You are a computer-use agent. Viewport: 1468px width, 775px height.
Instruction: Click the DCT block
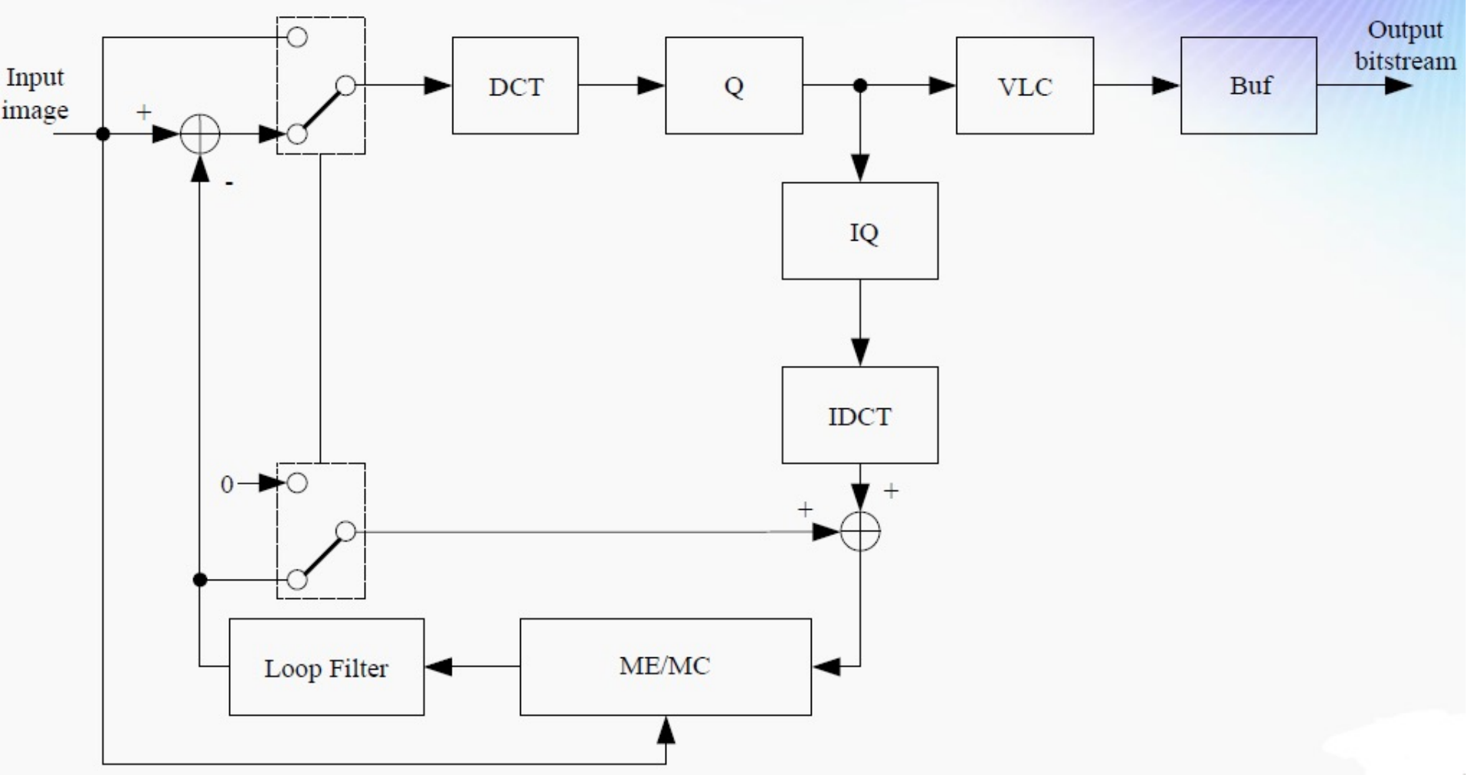(x=515, y=85)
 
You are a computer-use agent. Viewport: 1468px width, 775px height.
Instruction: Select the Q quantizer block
(x=733, y=85)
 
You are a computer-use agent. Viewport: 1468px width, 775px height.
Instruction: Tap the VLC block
(x=1024, y=85)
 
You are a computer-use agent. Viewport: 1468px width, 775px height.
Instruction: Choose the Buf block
(x=1248, y=85)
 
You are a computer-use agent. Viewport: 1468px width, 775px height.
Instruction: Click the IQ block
(x=859, y=231)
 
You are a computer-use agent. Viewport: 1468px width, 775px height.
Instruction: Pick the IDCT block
(x=859, y=415)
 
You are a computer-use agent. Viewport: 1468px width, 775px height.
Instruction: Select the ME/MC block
(x=665, y=667)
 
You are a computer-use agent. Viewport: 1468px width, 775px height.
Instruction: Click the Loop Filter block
(x=326, y=667)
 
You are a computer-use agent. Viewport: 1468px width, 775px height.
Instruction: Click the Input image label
(x=35, y=93)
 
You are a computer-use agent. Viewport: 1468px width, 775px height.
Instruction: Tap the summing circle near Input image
(x=200, y=135)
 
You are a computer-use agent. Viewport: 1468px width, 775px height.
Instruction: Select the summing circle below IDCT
(x=860, y=531)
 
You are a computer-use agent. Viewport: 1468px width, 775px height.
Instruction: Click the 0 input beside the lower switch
(x=227, y=484)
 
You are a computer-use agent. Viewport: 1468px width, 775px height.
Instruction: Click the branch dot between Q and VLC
(x=860, y=85)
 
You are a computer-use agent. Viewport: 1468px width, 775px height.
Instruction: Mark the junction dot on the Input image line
(x=103, y=135)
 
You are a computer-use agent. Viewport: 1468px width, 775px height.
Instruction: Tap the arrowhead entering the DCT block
(x=438, y=85)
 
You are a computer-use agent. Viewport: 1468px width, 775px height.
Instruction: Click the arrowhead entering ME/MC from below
(x=666, y=730)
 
